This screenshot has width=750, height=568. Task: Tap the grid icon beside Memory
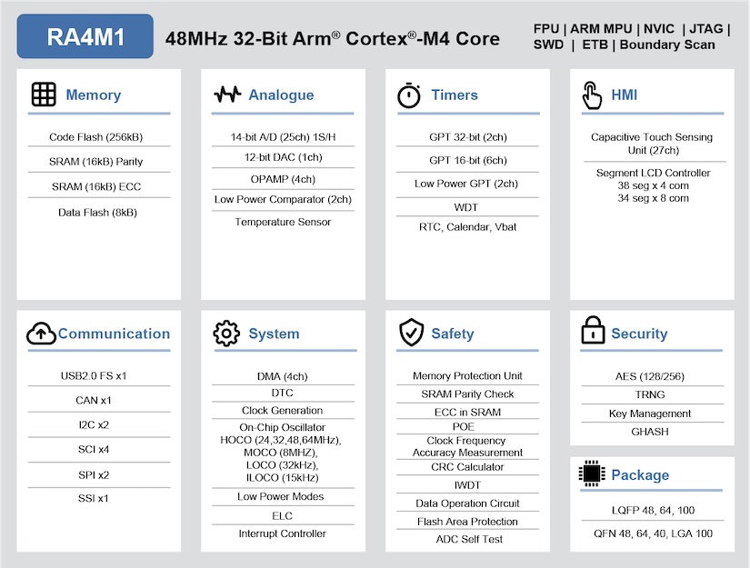pyautogui.click(x=44, y=95)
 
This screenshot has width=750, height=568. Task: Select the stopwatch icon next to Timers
pyautogui.click(x=409, y=95)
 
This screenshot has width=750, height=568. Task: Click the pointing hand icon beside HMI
pyautogui.click(x=592, y=95)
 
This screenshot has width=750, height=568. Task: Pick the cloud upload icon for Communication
pyautogui.click(x=41, y=334)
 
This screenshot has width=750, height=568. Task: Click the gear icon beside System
pyautogui.click(x=226, y=334)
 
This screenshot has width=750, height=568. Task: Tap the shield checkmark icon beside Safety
pyautogui.click(x=411, y=334)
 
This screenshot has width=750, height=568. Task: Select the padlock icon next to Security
pyautogui.click(x=593, y=330)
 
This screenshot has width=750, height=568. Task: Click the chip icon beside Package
pyautogui.click(x=592, y=473)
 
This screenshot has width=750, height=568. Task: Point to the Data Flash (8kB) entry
pyautogui.click(x=95, y=212)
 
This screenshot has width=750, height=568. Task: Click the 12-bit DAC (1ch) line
pyautogui.click(x=283, y=157)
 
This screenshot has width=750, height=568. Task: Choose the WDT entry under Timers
pyautogui.click(x=465, y=207)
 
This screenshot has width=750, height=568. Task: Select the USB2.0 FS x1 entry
pyautogui.click(x=94, y=375)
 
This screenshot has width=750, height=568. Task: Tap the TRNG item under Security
pyautogui.click(x=650, y=394)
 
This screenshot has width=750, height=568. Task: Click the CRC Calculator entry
pyautogui.click(x=467, y=467)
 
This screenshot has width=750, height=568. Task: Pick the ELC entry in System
pyautogui.click(x=282, y=515)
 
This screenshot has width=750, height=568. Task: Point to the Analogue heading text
pyautogui.click(x=281, y=95)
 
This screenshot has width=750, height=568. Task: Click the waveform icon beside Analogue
pyautogui.click(x=227, y=95)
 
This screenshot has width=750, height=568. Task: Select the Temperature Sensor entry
pyautogui.click(x=283, y=222)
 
